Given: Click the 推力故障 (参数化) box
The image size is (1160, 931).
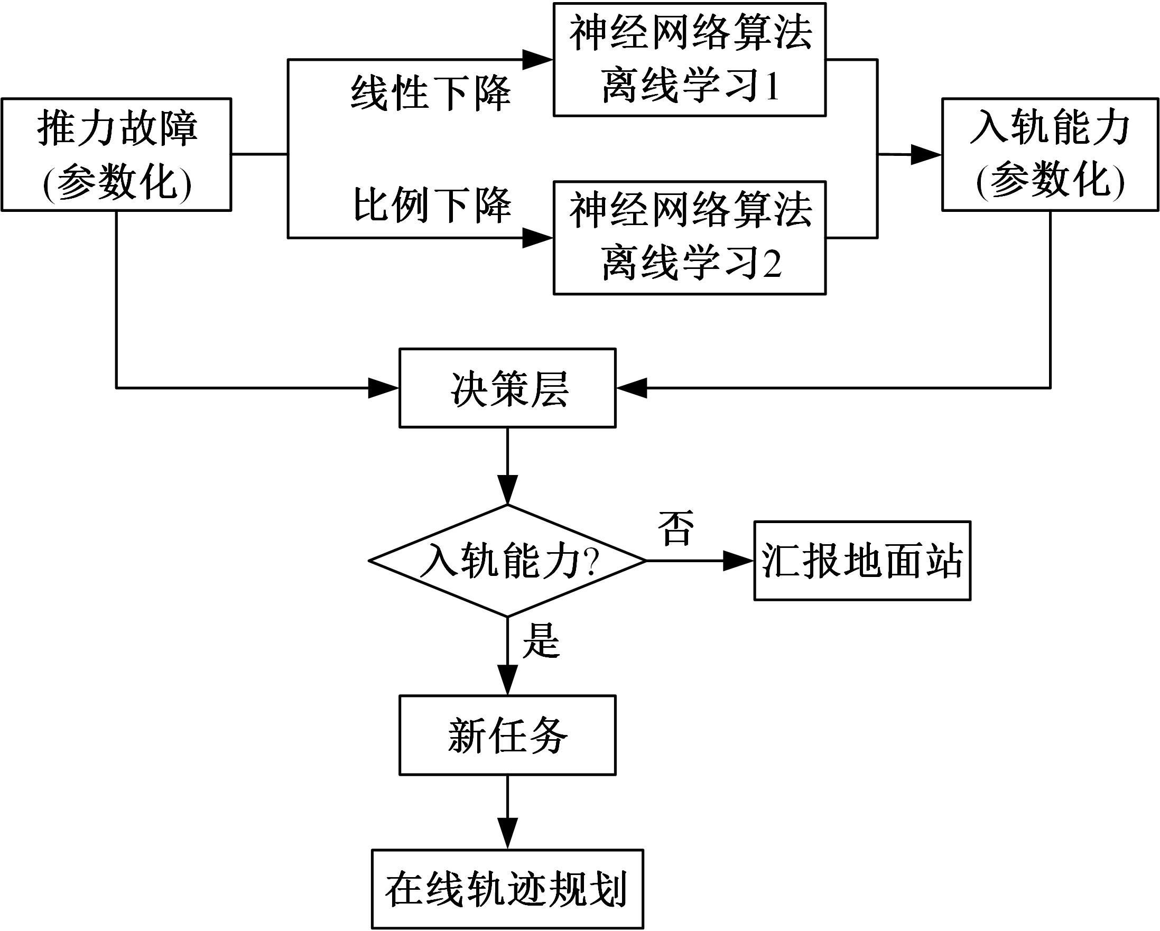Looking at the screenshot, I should pyautogui.click(x=116, y=154).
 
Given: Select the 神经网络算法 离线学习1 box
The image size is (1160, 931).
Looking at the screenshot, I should pyautogui.click(x=689, y=60).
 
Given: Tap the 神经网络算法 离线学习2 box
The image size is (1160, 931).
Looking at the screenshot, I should pyautogui.click(x=689, y=238).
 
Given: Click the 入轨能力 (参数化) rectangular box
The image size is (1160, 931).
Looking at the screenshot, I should pyautogui.click(x=1050, y=154).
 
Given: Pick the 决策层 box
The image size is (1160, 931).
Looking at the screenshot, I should pyautogui.click(x=507, y=388).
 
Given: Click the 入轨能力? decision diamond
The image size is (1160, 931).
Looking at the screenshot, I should pyautogui.click(x=507, y=561).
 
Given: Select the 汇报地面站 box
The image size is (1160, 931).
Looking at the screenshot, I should pyautogui.click(x=862, y=561).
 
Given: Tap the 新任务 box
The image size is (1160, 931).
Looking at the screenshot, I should pyautogui.click(x=507, y=735).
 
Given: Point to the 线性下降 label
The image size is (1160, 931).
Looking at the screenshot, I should pyautogui.click(x=430, y=94).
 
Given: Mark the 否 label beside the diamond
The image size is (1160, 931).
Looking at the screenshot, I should pyautogui.click(x=676, y=528).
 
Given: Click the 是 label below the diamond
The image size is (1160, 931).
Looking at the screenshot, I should pyautogui.click(x=541, y=641).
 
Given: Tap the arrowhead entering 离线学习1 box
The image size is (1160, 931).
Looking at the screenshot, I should pyautogui.click(x=538, y=60).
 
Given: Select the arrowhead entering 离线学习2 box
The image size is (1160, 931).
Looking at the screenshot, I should pyautogui.click(x=538, y=238).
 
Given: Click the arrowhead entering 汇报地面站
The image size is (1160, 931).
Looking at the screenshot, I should pyautogui.click(x=738, y=561).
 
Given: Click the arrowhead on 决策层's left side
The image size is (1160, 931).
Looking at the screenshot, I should pyautogui.click(x=383, y=388).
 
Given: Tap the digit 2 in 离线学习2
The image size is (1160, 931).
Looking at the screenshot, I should pyautogui.click(x=773, y=264).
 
